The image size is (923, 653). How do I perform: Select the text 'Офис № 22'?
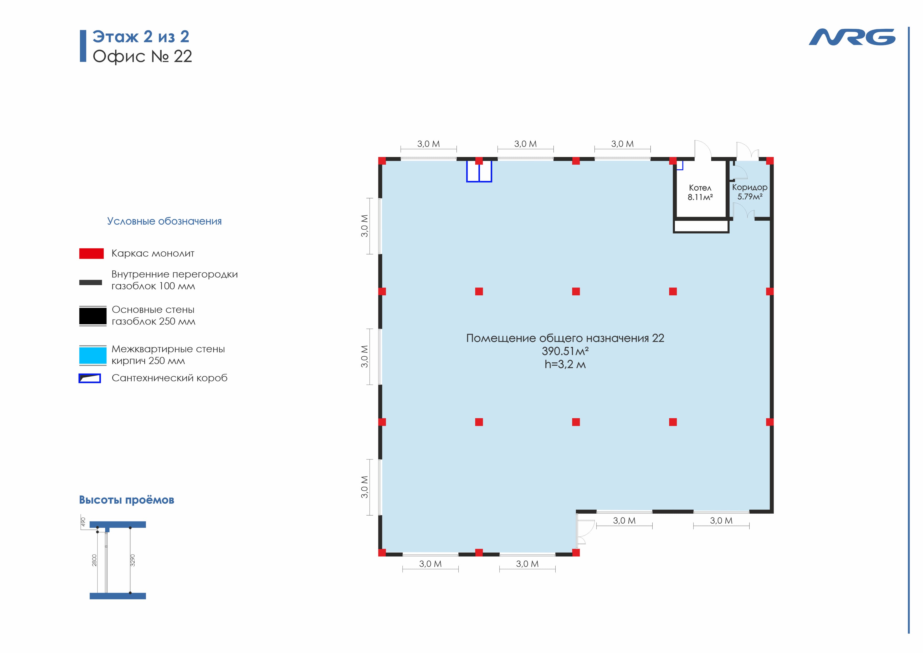142,56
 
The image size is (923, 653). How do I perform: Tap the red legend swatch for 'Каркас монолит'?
91,254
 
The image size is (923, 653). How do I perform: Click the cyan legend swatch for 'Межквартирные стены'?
93,356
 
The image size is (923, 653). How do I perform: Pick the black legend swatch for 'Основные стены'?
93,316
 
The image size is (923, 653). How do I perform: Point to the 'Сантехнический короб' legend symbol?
90,378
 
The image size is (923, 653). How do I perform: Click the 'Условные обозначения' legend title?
164,221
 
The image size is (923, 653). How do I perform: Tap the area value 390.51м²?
565,351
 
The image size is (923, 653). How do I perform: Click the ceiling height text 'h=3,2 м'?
565,365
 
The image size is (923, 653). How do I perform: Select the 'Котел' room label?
700,188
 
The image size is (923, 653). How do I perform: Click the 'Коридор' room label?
749,187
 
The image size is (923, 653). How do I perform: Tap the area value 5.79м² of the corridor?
749,197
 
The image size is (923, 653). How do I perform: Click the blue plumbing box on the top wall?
479,172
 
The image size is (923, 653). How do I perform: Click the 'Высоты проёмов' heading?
127,500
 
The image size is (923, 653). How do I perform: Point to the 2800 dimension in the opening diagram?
94,560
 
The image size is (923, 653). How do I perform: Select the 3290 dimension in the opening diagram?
133,560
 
